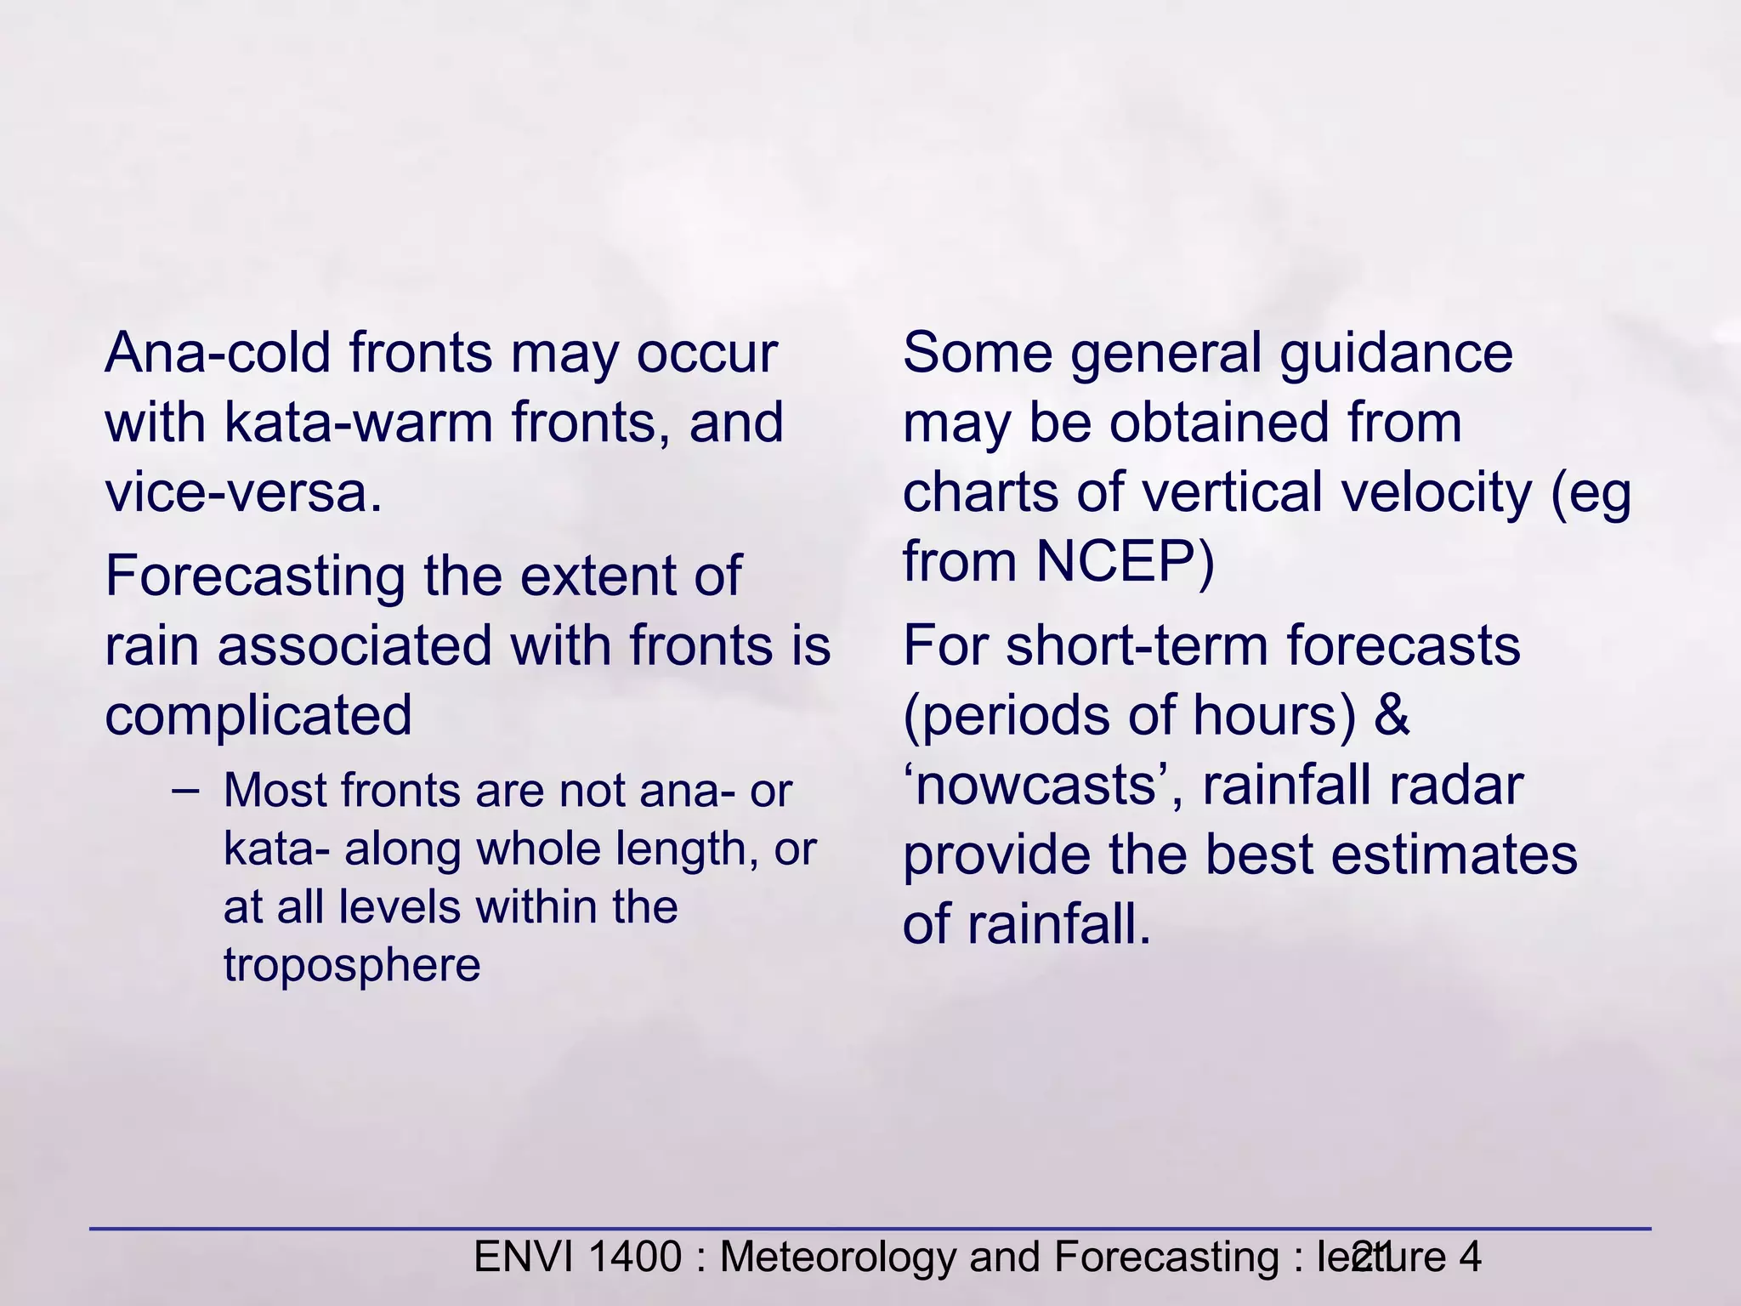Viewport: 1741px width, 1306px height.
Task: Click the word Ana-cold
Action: click(x=217, y=353)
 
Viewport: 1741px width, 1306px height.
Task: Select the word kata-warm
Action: click(x=358, y=423)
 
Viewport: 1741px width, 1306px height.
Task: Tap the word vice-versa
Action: click(x=243, y=492)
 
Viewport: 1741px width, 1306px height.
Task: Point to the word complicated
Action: click(x=258, y=715)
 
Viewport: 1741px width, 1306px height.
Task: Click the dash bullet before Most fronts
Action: click(x=185, y=791)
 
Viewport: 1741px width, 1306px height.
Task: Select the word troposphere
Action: click(x=352, y=965)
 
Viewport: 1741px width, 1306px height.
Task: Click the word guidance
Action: click(x=1395, y=353)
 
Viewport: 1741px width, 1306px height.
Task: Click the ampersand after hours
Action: click(x=1392, y=715)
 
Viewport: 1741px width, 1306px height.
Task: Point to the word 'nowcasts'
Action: click(x=1041, y=786)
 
